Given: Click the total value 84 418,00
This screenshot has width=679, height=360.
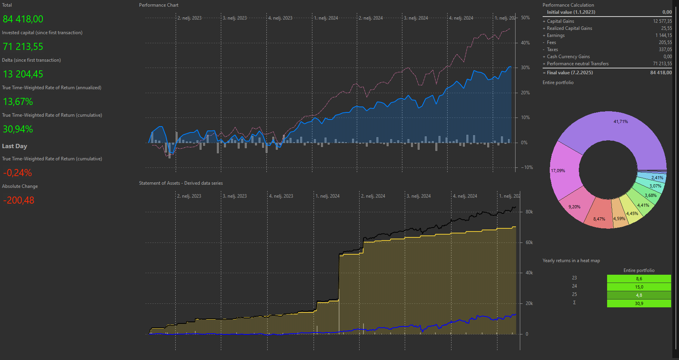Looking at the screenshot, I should coord(23,19).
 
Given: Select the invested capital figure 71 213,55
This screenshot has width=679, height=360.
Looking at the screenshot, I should coord(23,46).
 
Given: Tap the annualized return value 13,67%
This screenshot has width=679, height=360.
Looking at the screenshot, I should coord(18,101).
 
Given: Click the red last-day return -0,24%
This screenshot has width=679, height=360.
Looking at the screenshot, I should coord(17,173).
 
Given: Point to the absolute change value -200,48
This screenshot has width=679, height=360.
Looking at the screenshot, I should coord(18,200).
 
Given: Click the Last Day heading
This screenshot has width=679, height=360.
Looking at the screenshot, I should coord(15,146).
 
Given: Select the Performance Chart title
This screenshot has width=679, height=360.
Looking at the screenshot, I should coord(158,5).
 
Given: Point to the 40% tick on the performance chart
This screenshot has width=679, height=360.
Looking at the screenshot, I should coord(525,43).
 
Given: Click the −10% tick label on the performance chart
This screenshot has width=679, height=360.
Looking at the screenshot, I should coord(527,167).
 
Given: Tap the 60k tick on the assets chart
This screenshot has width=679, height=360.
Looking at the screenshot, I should coord(529,242).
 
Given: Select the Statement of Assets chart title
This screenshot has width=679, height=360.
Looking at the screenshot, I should coord(181,183).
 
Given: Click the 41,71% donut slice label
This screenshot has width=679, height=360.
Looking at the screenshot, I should coord(620,121).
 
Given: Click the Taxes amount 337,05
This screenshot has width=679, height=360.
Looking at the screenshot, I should coord(665,50).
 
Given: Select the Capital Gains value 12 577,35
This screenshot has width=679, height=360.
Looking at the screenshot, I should coord(662,21).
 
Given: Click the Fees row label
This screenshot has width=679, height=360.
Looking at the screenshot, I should coord(551,42).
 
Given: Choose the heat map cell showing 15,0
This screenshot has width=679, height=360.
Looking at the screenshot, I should coord(639,287).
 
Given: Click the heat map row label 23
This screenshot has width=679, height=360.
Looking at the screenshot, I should coord(574,278).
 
